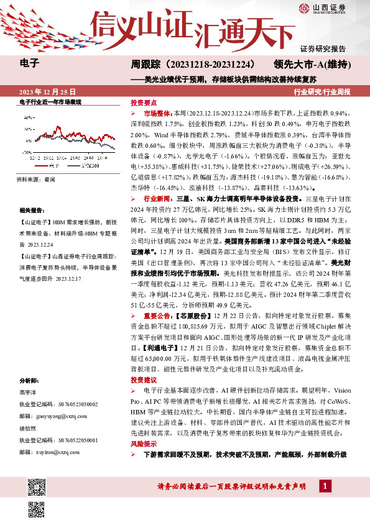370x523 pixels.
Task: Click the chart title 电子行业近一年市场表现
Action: (51, 101)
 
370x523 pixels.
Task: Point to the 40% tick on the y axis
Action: (27, 116)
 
